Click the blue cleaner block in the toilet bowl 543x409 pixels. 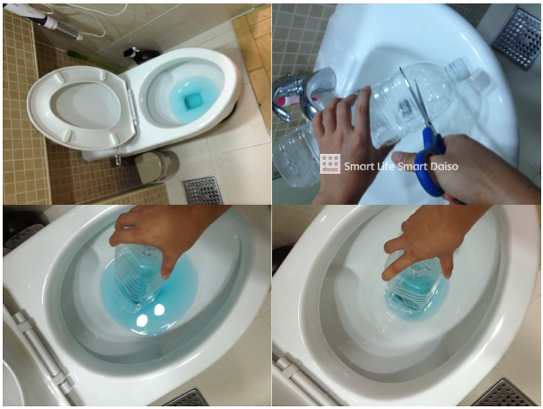click(x=191, y=101)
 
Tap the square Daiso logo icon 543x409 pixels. click(x=329, y=163)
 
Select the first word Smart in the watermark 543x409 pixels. click(x=358, y=166)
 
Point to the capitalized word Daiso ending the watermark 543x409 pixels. click(x=444, y=166)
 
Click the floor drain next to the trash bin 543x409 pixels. click(x=203, y=191)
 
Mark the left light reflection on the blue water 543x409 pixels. click(x=142, y=321)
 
